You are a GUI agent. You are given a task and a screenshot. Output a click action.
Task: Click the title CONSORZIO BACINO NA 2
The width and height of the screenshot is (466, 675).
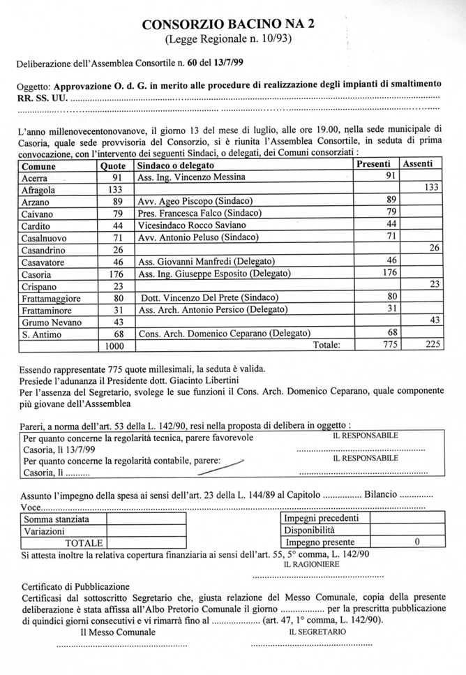tap(228, 24)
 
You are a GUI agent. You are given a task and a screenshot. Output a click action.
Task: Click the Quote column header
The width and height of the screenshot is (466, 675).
tap(113, 166)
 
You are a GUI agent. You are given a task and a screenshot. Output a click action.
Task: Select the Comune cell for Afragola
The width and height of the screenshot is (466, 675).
tap(40, 190)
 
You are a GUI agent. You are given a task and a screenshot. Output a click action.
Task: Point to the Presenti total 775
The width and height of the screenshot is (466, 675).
tap(394, 345)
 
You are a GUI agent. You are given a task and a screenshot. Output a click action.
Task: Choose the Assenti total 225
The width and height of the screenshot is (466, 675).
tap(433, 345)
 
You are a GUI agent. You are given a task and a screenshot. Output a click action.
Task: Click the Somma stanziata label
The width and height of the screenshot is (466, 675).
tap(57, 519)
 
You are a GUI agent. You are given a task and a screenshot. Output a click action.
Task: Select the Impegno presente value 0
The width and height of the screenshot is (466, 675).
tap(416, 542)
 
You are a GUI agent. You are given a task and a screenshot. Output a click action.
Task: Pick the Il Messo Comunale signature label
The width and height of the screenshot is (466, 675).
tap(114, 632)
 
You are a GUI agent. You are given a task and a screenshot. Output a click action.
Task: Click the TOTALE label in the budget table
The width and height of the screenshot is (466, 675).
tap(84, 542)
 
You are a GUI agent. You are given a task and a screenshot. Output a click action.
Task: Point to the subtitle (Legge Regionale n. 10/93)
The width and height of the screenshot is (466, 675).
tap(228, 38)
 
